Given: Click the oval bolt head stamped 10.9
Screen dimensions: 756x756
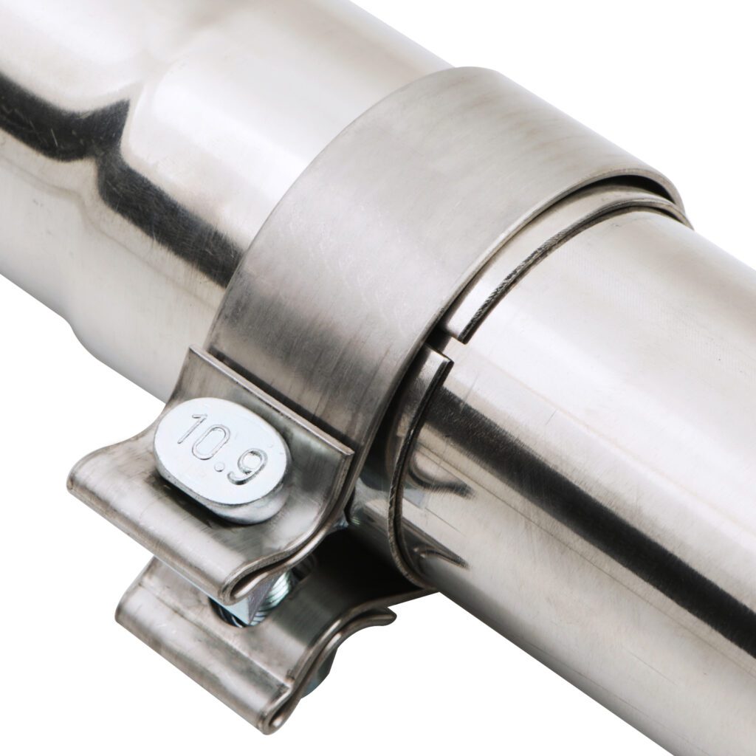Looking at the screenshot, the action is coord(223,460).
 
